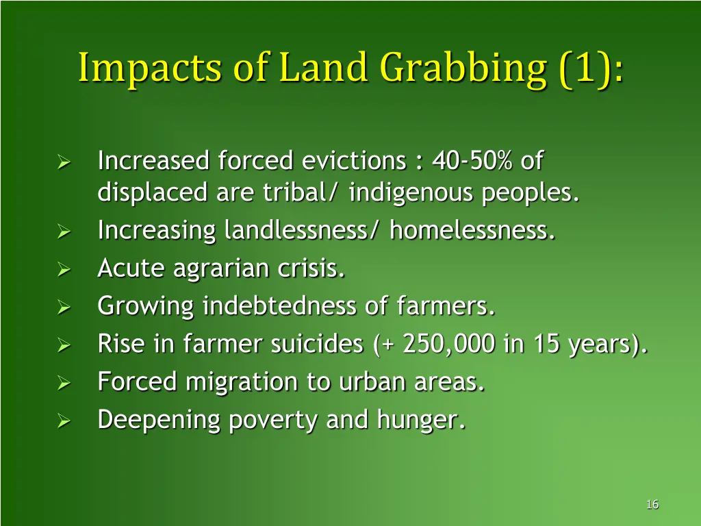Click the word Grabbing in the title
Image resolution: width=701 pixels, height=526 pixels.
coord(463,69)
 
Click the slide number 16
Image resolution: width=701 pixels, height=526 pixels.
coord(652,505)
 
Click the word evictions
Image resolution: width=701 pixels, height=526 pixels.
coord(354,162)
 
